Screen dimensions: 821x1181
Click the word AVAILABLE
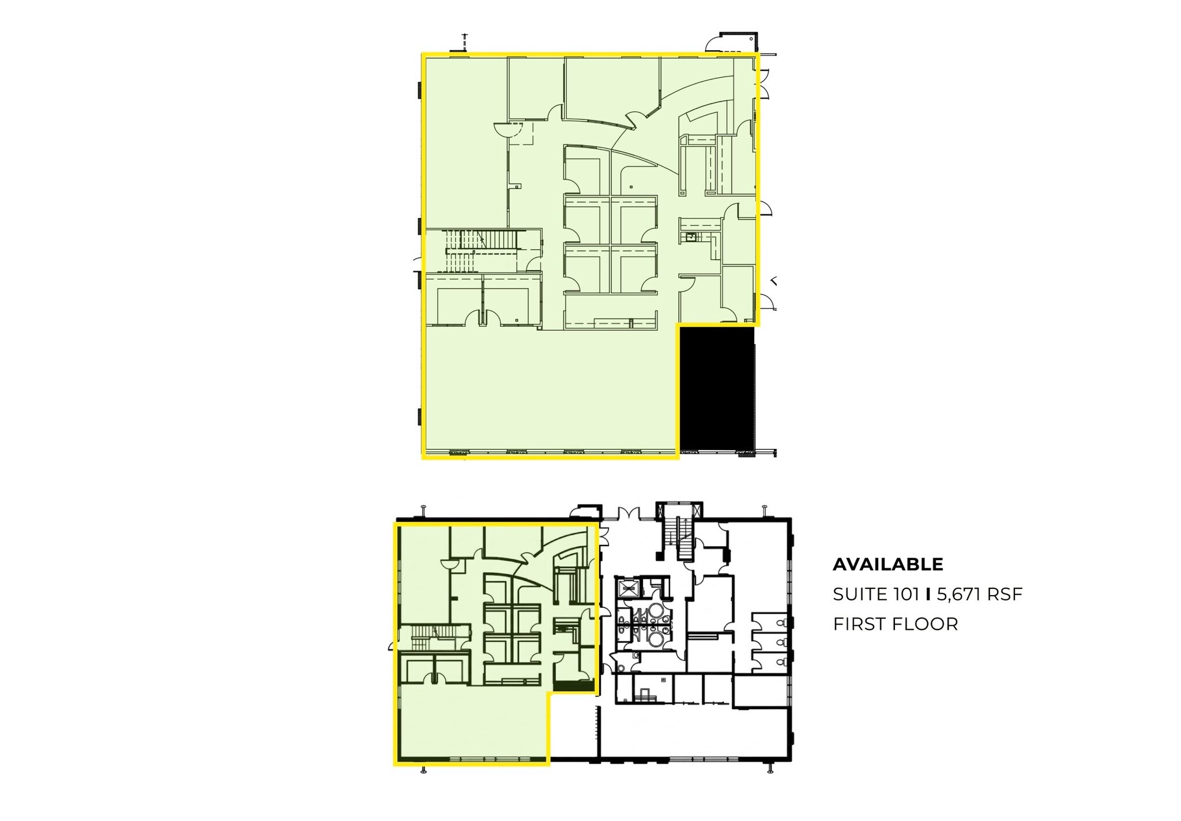[x=887, y=564]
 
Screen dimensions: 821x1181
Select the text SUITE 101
[x=875, y=594]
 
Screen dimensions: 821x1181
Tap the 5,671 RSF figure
[x=979, y=594]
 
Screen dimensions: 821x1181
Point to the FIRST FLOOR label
[x=895, y=624]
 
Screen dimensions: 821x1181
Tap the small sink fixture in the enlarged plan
[x=690, y=237]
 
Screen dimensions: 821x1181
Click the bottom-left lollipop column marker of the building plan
[x=424, y=770]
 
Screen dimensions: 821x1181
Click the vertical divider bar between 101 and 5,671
[x=928, y=594]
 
